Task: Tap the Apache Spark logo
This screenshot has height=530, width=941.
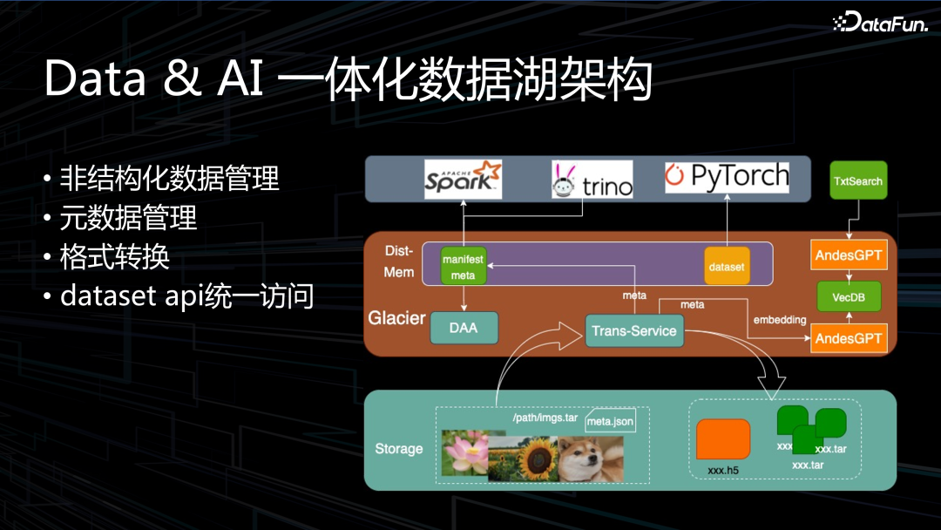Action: pyautogui.click(x=463, y=179)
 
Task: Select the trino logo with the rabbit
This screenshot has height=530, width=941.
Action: pyautogui.click(x=592, y=179)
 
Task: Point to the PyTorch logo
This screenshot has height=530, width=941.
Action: pyautogui.click(x=726, y=178)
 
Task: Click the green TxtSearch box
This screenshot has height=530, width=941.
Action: pyautogui.click(x=858, y=181)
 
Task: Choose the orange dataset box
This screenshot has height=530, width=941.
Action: pyautogui.click(x=727, y=266)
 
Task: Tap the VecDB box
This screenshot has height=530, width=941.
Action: pyautogui.click(x=849, y=297)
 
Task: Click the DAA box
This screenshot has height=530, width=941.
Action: pyautogui.click(x=464, y=329)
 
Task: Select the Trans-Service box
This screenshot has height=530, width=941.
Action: pyautogui.click(x=633, y=330)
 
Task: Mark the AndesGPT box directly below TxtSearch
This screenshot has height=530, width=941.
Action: pyautogui.click(x=849, y=256)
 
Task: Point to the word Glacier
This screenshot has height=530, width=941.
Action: pyautogui.click(x=396, y=318)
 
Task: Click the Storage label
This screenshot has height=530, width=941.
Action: pyautogui.click(x=399, y=449)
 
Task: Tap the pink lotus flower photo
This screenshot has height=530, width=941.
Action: pyautogui.click(x=465, y=454)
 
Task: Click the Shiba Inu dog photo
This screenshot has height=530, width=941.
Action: pyautogui.click(x=590, y=459)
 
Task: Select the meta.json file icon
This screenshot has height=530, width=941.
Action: pyautogui.click(x=610, y=421)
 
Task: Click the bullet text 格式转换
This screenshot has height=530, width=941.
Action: pyautogui.click(x=114, y=257)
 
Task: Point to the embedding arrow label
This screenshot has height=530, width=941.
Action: pyautogui.click(x=780, y=320)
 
